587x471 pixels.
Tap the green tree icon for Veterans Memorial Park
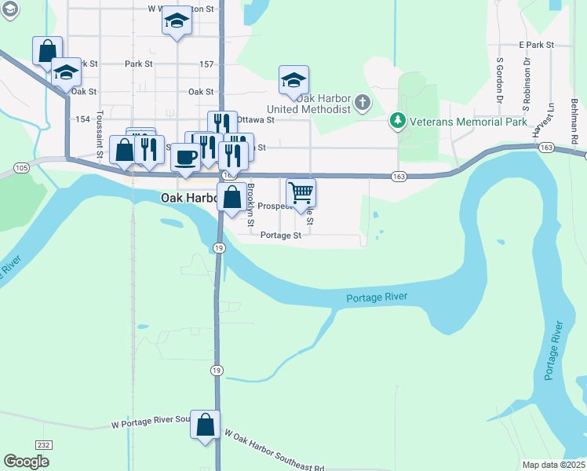pyautogui.click(x=399, y=122)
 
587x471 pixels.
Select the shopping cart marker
pyautogui.click(x=301, y=192)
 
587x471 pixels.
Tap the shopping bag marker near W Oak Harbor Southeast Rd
pyautogui.click(x=205, y=425)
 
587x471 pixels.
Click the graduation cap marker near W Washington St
pyautogui.click(x=177, y=20)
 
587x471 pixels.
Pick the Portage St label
pyautogui.click(x=281, y=235)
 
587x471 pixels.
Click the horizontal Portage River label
pyautogui.click(x=378, y=297)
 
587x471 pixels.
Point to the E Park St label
pyautogui.click(x=536, y=46)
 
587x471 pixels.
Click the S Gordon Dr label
pyautogui.click(x=499, y=79)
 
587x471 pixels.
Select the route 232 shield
pyautogui.click(x=44, y=445)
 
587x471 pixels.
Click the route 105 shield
pyautogui.click(x=21, y=168)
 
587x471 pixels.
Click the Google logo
pyautogui.click(x=27, y=462)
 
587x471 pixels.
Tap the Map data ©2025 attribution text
pyautogui.click(x=553, y=465)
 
